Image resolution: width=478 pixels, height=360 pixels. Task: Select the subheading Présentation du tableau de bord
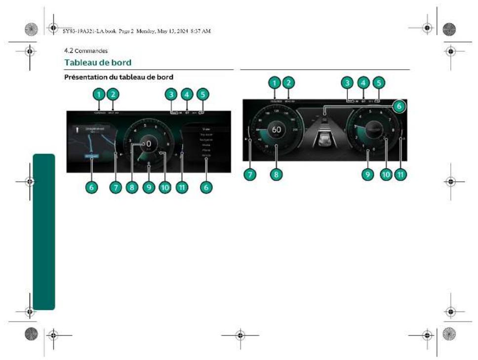tap(118, 77)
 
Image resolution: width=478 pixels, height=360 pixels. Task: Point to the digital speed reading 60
tap(276, 130)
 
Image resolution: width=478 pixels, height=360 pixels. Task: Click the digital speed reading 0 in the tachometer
tap(148, 144)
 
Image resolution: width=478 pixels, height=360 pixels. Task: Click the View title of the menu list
tap(206, 129)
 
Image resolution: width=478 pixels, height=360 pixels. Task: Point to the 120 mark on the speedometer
tap(277, 112)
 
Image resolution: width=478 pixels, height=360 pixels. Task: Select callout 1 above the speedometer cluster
tap(275, 82)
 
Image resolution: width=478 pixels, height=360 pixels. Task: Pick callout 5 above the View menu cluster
tap(201, 93)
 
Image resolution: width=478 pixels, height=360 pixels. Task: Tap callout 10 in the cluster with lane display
tap(385, 174)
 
